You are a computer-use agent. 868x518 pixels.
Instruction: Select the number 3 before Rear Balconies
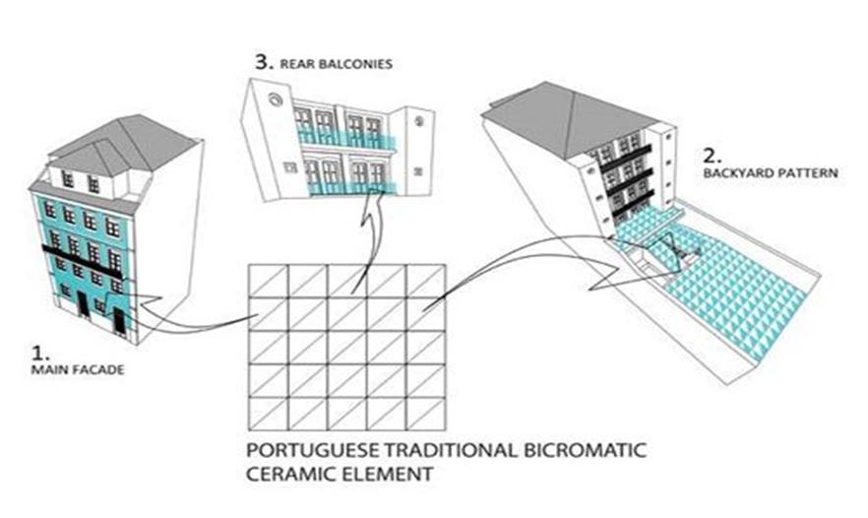tap(263, 61)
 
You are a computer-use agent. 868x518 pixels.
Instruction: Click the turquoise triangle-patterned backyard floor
tap(728, 286)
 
